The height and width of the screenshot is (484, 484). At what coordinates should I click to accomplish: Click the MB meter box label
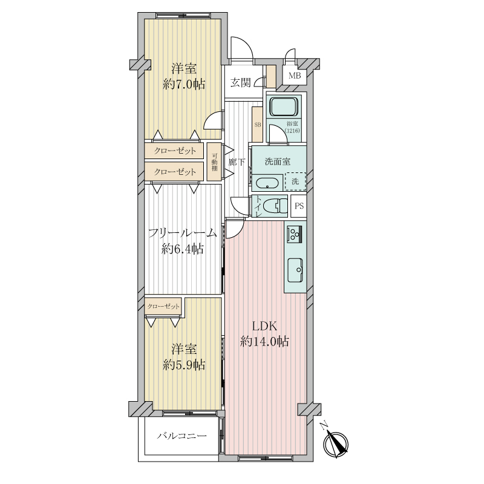pyautogui.click(x=295, y=75)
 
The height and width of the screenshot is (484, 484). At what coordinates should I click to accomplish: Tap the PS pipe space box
pyautogui.click(x=299, y=206)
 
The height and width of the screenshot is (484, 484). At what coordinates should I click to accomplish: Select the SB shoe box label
pyautogui.click(x=258, y=125)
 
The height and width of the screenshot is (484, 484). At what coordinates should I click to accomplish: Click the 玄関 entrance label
pyautogui.click(x=240, y=83)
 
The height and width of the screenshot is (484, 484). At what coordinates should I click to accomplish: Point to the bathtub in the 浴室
pyautogui.click(x=284, y=106)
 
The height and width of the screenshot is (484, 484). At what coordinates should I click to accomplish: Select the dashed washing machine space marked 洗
pyautogui.click(x=295, y=181)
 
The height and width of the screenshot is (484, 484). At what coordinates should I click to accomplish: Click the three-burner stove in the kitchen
pyautogui.click(x=295, y=234)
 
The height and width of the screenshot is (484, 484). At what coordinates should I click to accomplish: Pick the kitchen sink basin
pyautogui.click(x=295, y=270)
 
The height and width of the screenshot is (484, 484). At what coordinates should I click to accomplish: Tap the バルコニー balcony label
pyautogui.click(x=182, y=436)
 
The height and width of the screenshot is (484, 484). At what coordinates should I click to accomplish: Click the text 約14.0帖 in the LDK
pyautogui.click(x=264, y=341)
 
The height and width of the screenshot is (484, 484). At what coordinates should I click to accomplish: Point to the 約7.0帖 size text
pyautogui.click(x=184, y=84)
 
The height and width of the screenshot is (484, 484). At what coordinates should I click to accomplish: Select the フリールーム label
pyautogui.click(x=182, y=233)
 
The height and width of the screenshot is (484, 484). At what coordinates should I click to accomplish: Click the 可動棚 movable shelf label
pyautogui.click(x=215, y=162)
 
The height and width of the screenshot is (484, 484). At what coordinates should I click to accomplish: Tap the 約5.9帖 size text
pyautogui.click(x=184, y=365)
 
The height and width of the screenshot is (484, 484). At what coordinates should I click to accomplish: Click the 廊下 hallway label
pyautogui.click(x=237, y=162)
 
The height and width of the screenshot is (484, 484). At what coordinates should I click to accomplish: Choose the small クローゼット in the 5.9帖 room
pyautogui.click(x=163, y=307)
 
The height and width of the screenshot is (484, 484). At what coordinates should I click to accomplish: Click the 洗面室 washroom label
pyautogui.click(x=277, y=161)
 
